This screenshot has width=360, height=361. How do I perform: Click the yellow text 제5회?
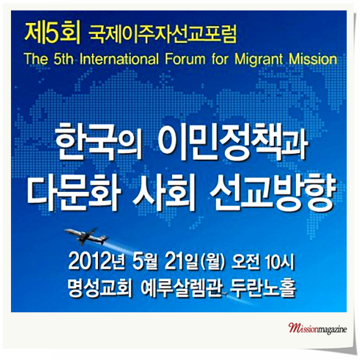pyautogui.click(x=52, y=32)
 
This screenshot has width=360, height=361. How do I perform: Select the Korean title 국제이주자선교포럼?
pyautogui.click(x=163, y=34)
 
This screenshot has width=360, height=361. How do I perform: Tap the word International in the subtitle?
pyautogui.click(x=119, y=59)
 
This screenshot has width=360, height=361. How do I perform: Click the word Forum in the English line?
pyautogui.click(x=185, y=59)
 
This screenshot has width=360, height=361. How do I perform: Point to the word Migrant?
pyautogui.click(x=259, y=60)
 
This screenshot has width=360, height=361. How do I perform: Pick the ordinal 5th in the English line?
pyautogui.click(x=63, y=59)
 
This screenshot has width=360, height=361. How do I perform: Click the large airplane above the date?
pyautogui.click(x=87, y=236)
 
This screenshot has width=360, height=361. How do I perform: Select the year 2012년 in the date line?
pyautogui.click(x=97, y=262)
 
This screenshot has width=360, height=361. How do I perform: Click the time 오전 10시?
pyautogui.click(x=263, y=262)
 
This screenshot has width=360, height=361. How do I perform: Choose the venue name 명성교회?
pyautogui.click(x=100, y=288)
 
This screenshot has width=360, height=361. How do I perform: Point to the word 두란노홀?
pyautogui.click(x=263, y=288)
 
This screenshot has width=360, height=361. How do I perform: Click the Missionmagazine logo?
pyautogui.click(x=317, y=328)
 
